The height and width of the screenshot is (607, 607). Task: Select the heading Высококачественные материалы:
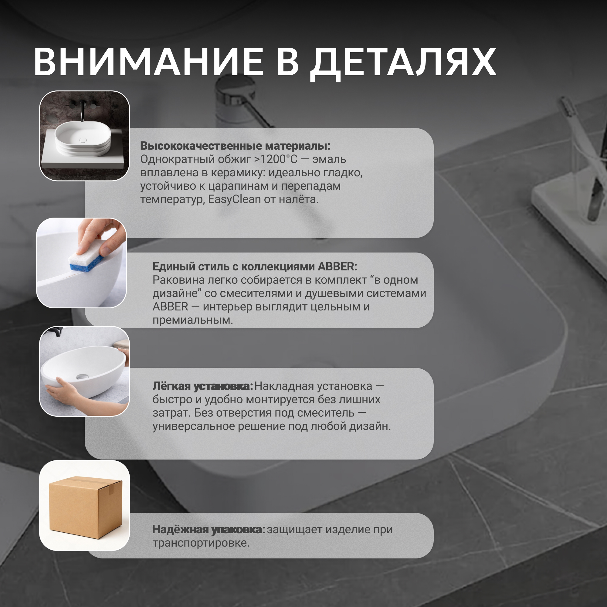[235, 146]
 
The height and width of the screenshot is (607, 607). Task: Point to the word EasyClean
[234, 199]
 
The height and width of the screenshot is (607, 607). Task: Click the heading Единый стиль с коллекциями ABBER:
[255, 266]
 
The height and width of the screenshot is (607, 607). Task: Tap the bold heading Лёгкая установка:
[203, 386]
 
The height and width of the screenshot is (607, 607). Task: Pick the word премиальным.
[193, 320]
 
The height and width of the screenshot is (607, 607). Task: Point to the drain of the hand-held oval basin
[83, 376]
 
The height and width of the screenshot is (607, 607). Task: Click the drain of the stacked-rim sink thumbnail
[83, 140]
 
